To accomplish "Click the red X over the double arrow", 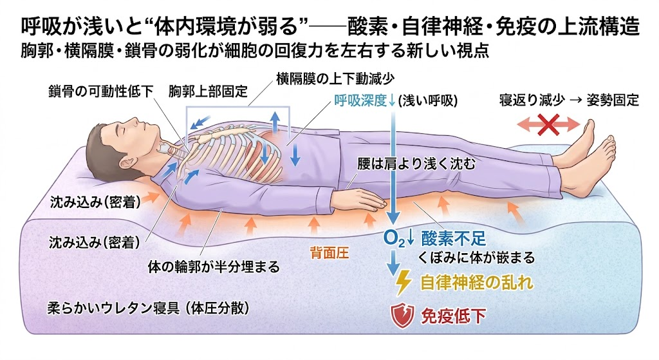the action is (548, 124).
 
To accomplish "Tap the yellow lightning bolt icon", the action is (403, 282).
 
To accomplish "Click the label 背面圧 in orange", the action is (330, 252).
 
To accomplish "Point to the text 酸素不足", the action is (454, 238).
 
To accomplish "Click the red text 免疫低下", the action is (453, 316).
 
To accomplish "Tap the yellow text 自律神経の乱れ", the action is (477, 283).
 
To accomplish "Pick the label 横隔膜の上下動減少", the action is (335, 79).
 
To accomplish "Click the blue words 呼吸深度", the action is (360, 100).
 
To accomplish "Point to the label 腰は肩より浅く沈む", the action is (416, 164).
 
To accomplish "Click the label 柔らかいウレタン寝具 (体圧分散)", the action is (149, 308).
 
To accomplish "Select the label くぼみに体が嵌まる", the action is (476, 257).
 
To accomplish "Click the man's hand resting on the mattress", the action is (365, 200).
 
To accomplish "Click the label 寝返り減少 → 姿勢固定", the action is (569, 100).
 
